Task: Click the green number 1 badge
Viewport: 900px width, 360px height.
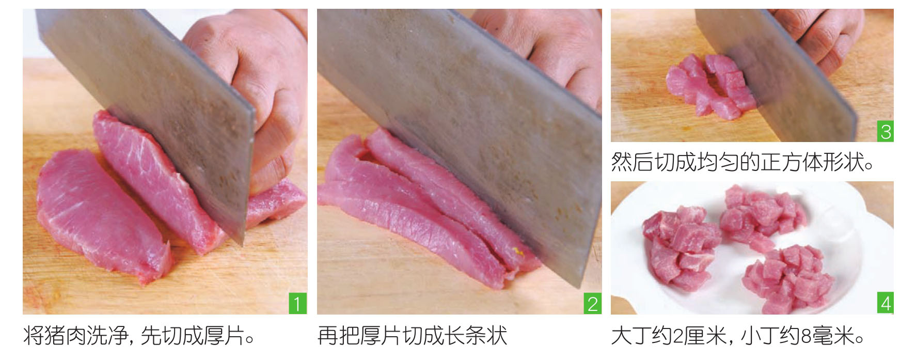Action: click(297, 303)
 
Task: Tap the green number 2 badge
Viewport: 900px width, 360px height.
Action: click(592, 303)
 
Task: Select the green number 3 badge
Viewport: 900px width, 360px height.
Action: click(886, 132)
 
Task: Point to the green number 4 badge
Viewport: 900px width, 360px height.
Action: click(886, 303)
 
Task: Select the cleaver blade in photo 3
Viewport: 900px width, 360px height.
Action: click(775, 72)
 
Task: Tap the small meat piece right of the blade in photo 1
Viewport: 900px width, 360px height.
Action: click(276, 201)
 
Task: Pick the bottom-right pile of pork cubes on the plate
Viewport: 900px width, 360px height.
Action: click(787, 279)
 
